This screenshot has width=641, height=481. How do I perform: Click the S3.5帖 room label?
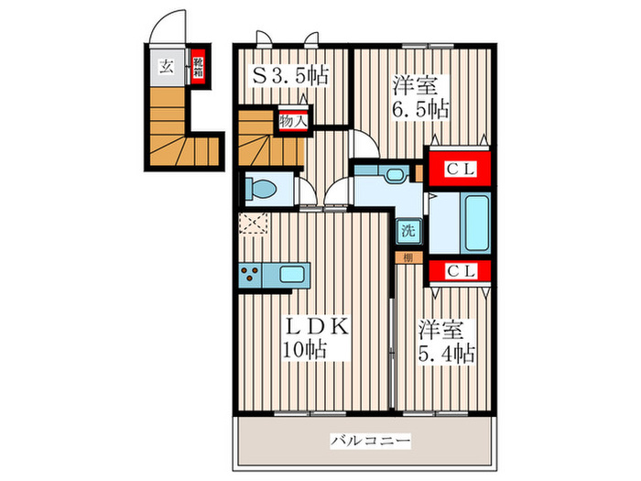(x=291, y=74)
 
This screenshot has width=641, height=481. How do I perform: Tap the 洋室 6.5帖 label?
(x=420, y=97)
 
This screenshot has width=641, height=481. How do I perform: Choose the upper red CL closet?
(x=459, y=169)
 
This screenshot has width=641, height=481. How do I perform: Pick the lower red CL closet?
(x=459, y=270)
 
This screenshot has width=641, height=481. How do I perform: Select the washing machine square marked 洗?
(x=404, y=231)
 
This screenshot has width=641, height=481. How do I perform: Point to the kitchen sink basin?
(x=294, y=273)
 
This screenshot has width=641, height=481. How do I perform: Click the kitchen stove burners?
(x=250, y=272)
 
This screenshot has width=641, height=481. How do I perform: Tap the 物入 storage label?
(x=292, y=120)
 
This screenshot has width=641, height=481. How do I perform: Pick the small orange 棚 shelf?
(x=406, y=257)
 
